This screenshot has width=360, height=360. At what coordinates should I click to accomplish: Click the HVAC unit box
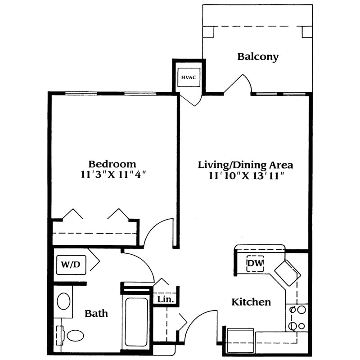point(189,77)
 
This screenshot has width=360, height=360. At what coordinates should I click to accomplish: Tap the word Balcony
point(258,57)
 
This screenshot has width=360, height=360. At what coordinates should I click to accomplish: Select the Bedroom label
point(112,164)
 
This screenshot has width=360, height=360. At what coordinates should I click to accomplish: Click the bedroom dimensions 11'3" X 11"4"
point(113,175)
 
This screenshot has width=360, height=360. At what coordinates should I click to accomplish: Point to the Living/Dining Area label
point(245,165)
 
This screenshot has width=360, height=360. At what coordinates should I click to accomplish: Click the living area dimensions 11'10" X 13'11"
point(247,176)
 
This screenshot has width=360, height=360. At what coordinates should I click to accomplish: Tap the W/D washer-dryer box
point(71,265)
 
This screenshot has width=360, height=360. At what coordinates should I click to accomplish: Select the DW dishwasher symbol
point(255,263)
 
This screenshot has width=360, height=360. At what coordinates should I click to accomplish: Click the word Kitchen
point(251,302)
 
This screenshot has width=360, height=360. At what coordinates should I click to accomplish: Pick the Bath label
point(96,313)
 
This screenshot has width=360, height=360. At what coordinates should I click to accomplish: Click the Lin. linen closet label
point(165,299)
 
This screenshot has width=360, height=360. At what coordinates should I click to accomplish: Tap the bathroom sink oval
point(63,301)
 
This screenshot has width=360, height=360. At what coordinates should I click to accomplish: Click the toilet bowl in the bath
point(75,336)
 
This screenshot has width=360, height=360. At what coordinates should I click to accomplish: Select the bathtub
point(136,322)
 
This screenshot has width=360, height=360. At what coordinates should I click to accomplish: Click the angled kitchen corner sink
point(288,273)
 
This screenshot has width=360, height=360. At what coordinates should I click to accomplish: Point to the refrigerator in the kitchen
point(240,341)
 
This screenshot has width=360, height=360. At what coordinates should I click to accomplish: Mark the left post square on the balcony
point(208,31)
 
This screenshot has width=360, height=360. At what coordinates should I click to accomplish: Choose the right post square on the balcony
point(307,32)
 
